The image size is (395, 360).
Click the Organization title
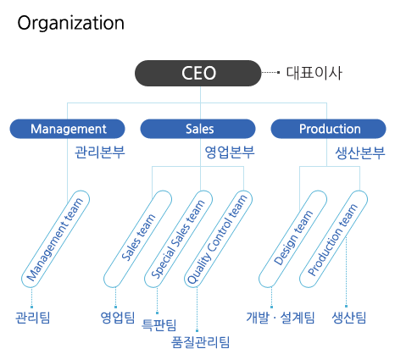[70, 23]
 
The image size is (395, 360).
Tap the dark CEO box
[197, 73]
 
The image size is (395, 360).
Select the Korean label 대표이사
[314, 73]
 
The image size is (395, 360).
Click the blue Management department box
[68, 129]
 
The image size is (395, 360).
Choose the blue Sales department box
[197, 129]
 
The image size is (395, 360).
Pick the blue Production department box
[328, 129]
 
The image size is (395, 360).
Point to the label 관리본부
[99, 152]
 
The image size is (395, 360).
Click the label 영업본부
[230, 152]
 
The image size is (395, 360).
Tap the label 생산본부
[360, 153]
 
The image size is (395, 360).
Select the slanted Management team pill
[56, 239]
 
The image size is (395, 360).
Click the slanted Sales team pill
[138, 239]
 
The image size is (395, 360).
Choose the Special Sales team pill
[179, 239]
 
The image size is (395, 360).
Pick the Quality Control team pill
[218, 239]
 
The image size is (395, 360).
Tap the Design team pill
[293, 239]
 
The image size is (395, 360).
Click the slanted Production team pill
[334, 239]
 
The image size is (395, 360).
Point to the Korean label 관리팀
[33, 318]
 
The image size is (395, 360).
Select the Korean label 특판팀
[159, 325]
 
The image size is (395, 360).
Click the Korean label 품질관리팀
[201, 342]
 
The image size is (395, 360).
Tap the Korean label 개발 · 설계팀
[281, 318]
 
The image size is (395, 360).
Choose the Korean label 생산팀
[349, 318]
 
